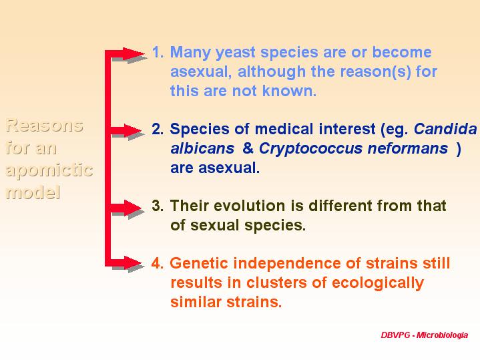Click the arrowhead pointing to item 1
(134, 53)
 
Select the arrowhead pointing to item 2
(133, 130)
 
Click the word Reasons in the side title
(45, 126)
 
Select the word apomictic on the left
(49, 170)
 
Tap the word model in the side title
(33, 192)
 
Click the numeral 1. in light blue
(158, 52)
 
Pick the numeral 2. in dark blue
(158, 129)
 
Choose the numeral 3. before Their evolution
(158, 206)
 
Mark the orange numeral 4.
(158, 263)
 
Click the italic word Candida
(445, 129)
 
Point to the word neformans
(408, 148)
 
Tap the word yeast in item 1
(236, 53)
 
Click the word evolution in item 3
(251, 206)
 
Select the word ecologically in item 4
(378, 283)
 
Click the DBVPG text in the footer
(395, 335)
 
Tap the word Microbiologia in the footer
(443, 335)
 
